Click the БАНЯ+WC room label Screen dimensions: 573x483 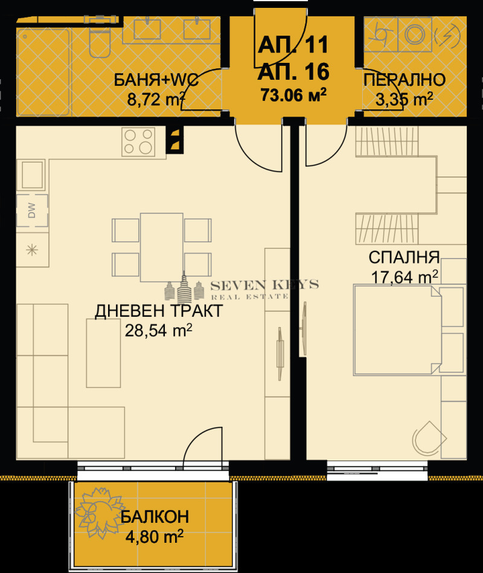pyautogui.click(x=157, y=80)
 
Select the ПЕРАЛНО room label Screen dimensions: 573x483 pyautogui.click(x=405, y=80)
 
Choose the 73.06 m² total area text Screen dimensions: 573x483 pyautogui.click(x=293, y=94)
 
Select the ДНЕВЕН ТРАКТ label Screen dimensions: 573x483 pyautogui.click(x=159, y=311)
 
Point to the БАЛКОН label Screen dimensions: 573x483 pyautogui.click(x=155, y=517)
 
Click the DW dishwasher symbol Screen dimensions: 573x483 pyautogui.click(x=31, y=211)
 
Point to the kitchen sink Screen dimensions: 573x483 pyautogui.click(x=31, y=175)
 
